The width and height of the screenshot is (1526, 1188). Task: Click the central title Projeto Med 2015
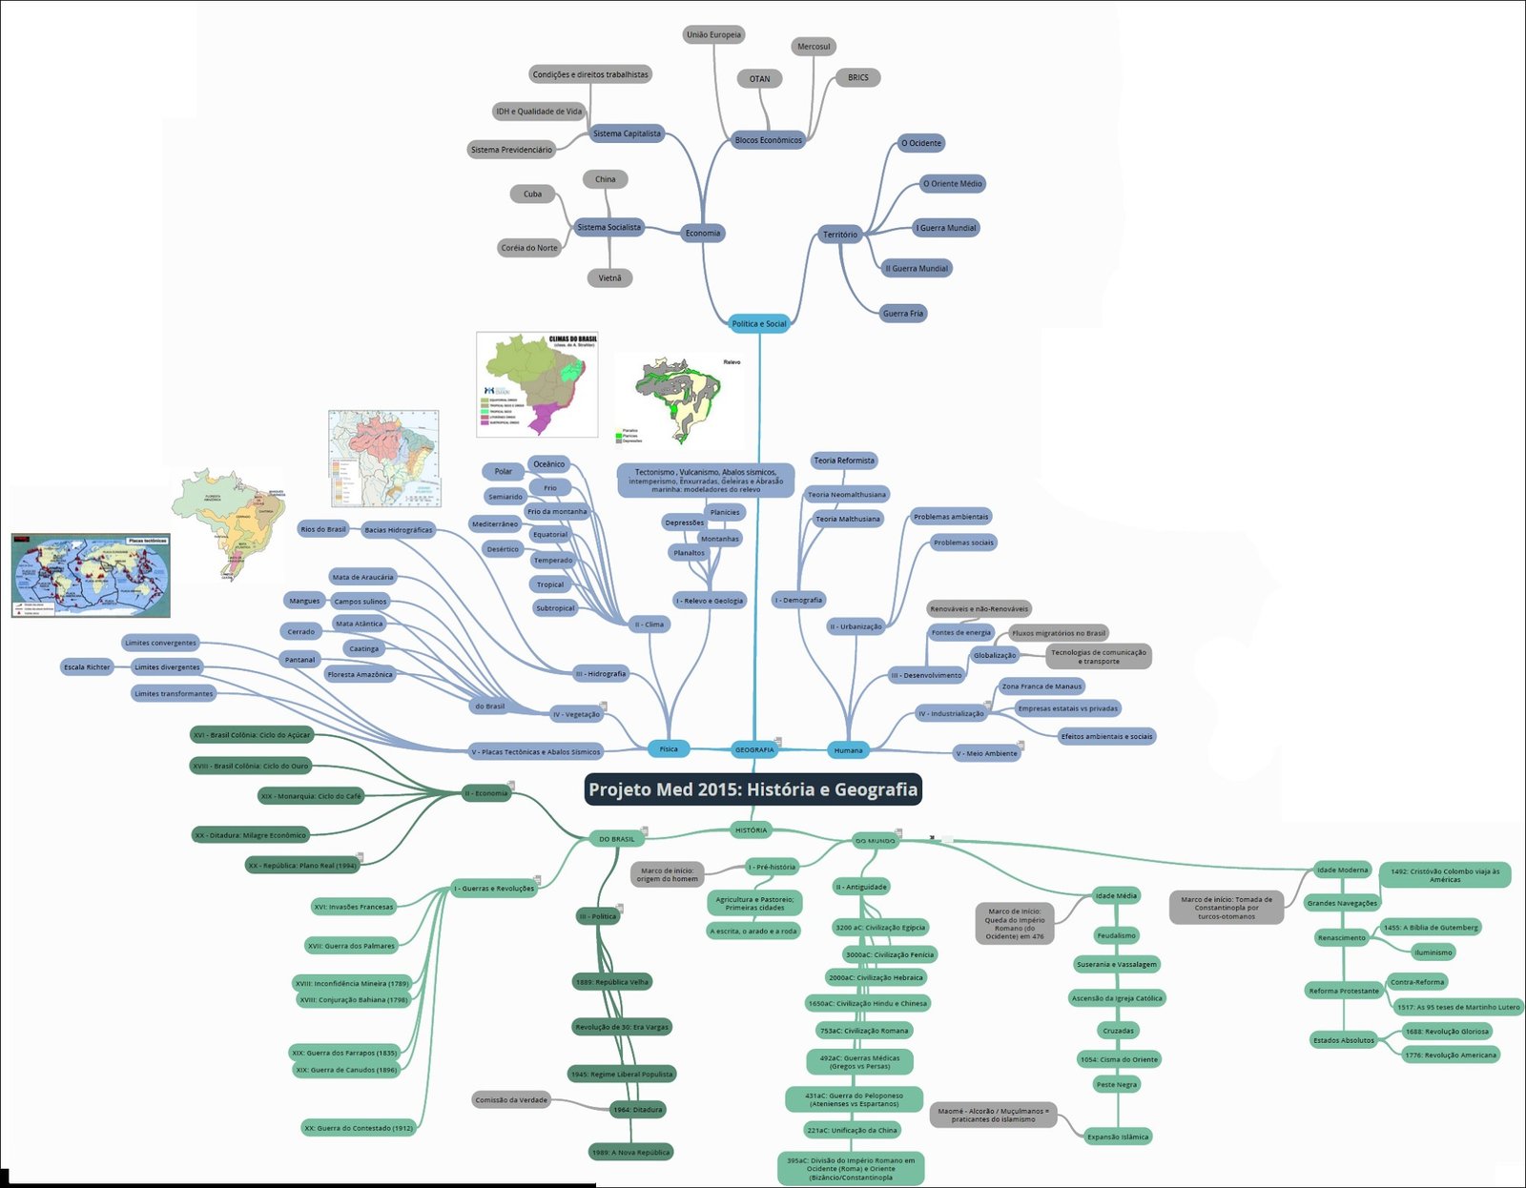(x=753, y=789)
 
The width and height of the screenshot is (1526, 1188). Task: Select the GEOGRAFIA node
(x=754, y=749)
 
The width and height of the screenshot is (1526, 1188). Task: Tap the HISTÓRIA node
(x=751, y=830)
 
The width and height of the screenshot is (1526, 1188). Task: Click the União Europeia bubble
(x=713, y=35)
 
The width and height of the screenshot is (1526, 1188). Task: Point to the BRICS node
(x=857, y=78)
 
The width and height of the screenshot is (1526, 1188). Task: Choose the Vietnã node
(x=609, y=278)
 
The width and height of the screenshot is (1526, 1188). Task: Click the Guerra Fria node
(x=902, y=314)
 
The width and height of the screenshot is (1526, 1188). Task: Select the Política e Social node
(x=759, y=324)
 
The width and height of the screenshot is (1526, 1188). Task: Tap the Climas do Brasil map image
(x=537, y=384)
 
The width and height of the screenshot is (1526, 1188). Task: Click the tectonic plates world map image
(x=91, y=575)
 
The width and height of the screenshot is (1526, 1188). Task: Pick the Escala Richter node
(x=87, y=667)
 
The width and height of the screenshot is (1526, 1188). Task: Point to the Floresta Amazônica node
(x=360, y=675)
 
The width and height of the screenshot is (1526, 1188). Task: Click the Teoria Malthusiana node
(x=847, y=520)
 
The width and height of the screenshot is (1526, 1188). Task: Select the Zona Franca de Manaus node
(x=1041, y=686)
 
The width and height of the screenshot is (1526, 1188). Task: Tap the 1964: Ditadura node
(x=637, y=1110)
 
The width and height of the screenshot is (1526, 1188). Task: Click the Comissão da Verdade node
(x=511, y=1100)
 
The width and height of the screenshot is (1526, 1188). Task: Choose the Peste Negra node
(x=1116, y=1085)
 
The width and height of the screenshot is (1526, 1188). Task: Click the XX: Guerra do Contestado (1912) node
(x=359, y=1128)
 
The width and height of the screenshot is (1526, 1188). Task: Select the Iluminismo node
(x=1433, y=952)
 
